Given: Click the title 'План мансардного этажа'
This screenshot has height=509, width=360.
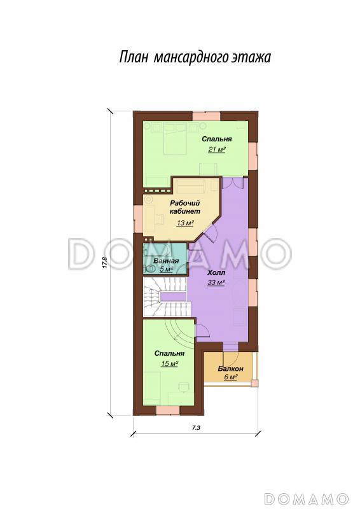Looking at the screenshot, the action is click(x=195, y=57).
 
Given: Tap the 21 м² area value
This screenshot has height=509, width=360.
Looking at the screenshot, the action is click(x=217, y=150).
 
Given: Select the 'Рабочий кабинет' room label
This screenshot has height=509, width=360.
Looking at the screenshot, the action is click(x=185, y=207).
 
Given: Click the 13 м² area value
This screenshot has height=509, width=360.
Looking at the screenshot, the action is click(x=185, y=223).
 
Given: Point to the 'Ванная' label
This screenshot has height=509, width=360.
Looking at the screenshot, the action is click(x=166, y=261).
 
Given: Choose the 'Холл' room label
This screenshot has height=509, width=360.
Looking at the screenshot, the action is click(x=216, y=273).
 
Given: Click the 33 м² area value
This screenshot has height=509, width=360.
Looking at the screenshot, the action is click(x=216, y=282).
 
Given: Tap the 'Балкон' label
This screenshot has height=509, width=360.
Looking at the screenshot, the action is click(x=230, y=369).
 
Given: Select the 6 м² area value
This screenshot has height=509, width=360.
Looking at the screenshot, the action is click(x=230, y=377).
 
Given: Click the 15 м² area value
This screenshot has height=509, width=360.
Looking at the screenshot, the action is click(x=169, y=363).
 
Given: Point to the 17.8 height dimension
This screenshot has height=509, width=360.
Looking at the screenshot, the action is click(x=104, y=262).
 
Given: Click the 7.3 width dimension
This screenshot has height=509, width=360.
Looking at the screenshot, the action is click(x=195, y=428).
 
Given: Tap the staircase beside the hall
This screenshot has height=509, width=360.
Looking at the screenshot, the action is click(x=165, y=296).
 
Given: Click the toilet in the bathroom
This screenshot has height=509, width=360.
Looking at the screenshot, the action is click(x=150, y=268).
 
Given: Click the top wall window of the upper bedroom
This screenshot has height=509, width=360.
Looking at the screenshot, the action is click(x=207, y=116).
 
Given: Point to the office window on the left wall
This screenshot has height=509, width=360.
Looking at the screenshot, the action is click(x=137, y=220).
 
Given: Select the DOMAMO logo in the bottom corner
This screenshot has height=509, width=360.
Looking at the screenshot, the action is click(x=305, y=498).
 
